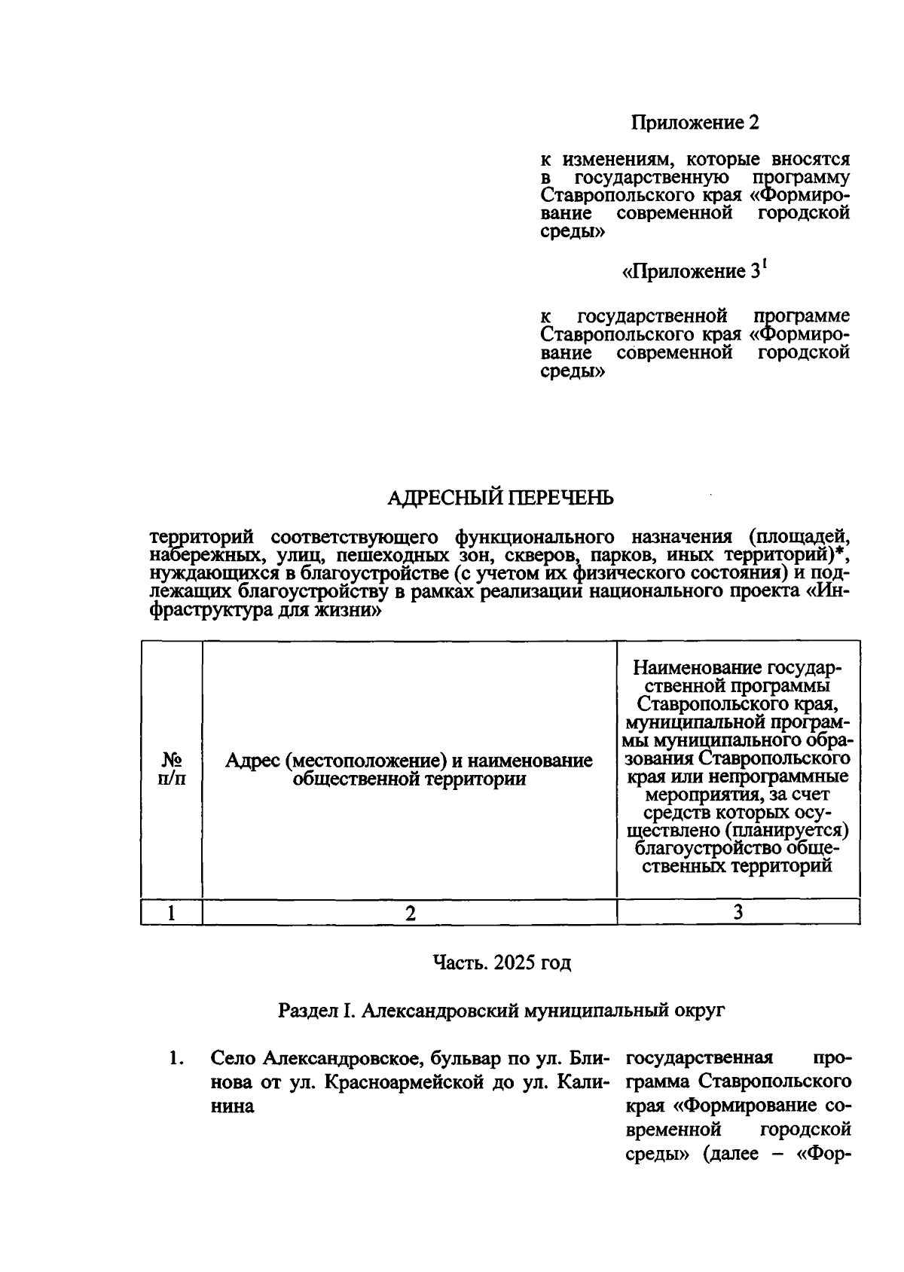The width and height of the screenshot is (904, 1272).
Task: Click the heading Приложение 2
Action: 694,122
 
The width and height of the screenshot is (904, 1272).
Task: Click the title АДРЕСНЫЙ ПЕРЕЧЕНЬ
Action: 500,498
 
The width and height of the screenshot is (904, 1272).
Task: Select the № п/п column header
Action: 172,768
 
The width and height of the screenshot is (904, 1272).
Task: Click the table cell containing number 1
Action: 172,913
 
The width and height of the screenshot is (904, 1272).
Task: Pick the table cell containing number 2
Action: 410,913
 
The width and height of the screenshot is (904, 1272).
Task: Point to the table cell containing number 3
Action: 738,913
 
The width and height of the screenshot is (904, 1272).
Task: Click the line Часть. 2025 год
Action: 502,962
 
